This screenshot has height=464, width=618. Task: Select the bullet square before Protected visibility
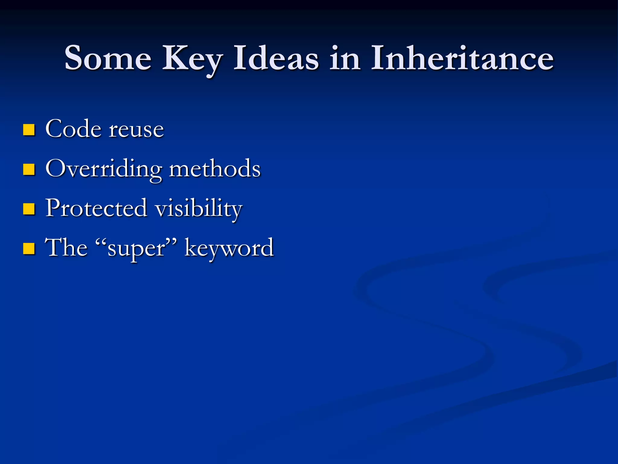pos(29,209)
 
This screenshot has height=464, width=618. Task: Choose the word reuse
pos(136,130)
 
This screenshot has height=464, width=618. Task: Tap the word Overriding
pos(104,169)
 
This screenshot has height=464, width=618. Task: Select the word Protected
pos(96,208)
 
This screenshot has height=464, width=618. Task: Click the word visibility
pos(199,209)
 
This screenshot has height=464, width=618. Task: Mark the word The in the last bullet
pos(66,248)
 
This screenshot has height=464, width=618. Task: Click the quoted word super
pos(136,250)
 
